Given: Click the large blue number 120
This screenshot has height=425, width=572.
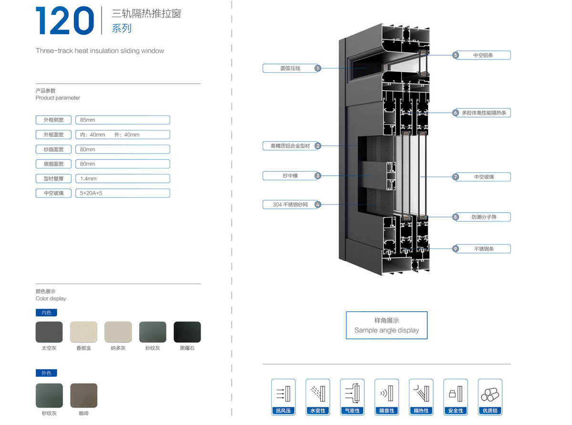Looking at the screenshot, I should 65,21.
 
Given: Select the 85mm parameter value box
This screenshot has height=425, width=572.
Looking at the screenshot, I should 123,120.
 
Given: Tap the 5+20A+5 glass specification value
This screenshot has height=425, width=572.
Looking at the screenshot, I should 123,193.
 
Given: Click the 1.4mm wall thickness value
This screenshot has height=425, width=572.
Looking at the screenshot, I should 123,178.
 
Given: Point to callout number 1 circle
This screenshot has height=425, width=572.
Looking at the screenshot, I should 317,69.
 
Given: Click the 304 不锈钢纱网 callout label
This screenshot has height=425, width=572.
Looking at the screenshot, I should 290,205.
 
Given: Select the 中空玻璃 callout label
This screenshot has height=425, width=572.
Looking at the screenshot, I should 484,177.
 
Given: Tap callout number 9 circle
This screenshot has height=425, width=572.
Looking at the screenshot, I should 456,248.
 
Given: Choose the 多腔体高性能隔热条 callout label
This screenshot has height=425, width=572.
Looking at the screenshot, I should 484,113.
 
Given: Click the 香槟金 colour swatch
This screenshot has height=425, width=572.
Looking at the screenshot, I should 83,332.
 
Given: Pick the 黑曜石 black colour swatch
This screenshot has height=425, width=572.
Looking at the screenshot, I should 187,332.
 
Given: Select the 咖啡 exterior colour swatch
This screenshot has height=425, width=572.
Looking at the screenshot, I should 83,395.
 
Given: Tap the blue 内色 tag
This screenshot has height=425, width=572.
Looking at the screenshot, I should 46,313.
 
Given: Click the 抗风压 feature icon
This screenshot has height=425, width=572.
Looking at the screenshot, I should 283,396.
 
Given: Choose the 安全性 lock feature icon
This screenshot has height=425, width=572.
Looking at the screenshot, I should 455,396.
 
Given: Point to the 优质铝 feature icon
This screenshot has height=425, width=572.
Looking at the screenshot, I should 490,396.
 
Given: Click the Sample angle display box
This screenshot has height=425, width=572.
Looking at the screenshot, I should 387,325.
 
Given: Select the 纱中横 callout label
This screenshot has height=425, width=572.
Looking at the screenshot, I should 290,176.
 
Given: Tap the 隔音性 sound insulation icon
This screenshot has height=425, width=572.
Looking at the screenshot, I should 387,396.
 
